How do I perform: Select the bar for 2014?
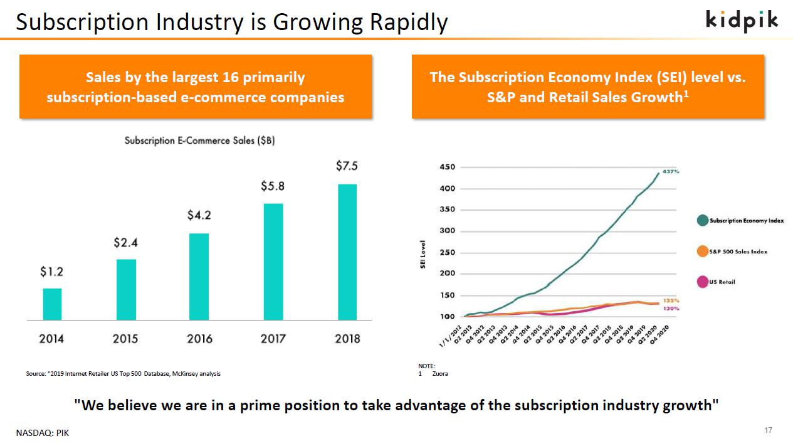[52, 304]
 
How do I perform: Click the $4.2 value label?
[199, 215]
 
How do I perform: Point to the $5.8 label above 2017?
[273, 186]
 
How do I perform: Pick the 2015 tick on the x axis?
[125, 339]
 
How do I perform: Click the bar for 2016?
[199, 277]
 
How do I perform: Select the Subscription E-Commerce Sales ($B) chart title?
[199, 141]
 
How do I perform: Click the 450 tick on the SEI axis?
[448, 167]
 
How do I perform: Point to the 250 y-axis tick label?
[448, 253]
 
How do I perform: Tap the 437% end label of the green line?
[671, 171]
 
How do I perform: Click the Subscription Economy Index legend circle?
[703, 221]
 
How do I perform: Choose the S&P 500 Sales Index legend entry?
[738, 252]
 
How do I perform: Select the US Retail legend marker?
[703, 282]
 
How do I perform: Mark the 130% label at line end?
[671, 309]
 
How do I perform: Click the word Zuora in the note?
[440, 374]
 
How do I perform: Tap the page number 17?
[769, 430]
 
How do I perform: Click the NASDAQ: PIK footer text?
[43, 433]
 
